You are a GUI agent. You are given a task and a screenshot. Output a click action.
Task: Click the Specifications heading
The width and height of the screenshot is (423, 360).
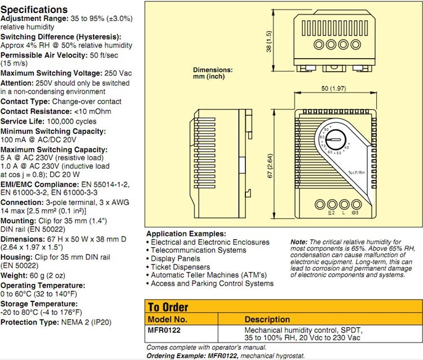point(34,10)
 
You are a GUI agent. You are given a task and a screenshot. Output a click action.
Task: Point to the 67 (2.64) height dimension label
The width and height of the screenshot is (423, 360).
point(270,166)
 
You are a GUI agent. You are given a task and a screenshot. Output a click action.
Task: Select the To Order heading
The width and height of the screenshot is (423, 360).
point(168,308)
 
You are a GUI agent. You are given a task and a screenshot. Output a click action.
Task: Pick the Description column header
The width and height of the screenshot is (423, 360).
point(267,319)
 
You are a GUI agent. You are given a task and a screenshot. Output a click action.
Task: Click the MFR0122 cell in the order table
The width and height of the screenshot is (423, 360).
point(165,329)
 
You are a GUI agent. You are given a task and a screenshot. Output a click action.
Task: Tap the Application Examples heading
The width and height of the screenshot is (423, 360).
point(186,234)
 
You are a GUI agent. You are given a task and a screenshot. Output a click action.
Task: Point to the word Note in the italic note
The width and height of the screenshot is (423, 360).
point(299,241)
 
